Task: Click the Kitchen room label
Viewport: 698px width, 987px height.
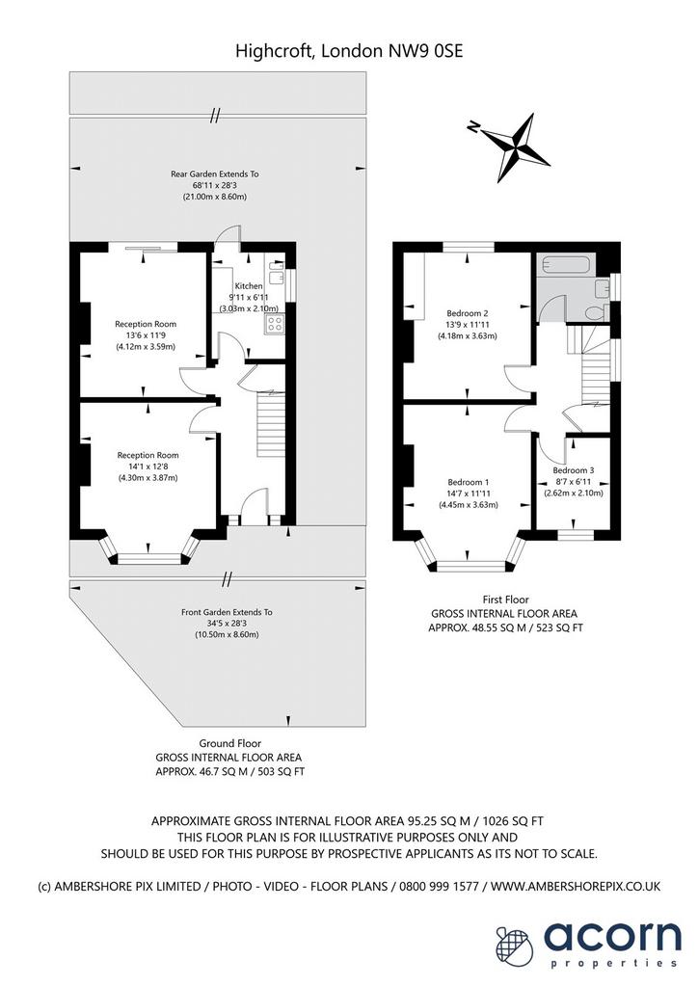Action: tap(249, 285)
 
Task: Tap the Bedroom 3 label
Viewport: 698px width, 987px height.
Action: tap(574, 470)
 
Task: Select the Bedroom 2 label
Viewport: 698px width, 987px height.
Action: tap(468, 313)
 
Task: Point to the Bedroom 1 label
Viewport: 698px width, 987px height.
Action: tap(468, 482)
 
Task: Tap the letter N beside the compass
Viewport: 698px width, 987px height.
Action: tap(473, 127)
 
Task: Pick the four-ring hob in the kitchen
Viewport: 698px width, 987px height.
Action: tap(275, 324)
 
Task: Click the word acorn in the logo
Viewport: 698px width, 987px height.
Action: tap(612, 936)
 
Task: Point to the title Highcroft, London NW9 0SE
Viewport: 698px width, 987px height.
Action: tap(349, 51)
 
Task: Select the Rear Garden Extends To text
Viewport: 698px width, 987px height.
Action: tap(215, 173)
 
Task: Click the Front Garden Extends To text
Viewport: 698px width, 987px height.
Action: tap(227, 612)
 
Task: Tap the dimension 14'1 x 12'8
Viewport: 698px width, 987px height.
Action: tap(148, 467)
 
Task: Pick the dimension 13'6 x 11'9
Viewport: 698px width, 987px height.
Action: tap(146, 335)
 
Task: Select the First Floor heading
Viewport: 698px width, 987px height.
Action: tap(506, 600)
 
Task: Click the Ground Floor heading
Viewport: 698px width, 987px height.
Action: tap(230, 743)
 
